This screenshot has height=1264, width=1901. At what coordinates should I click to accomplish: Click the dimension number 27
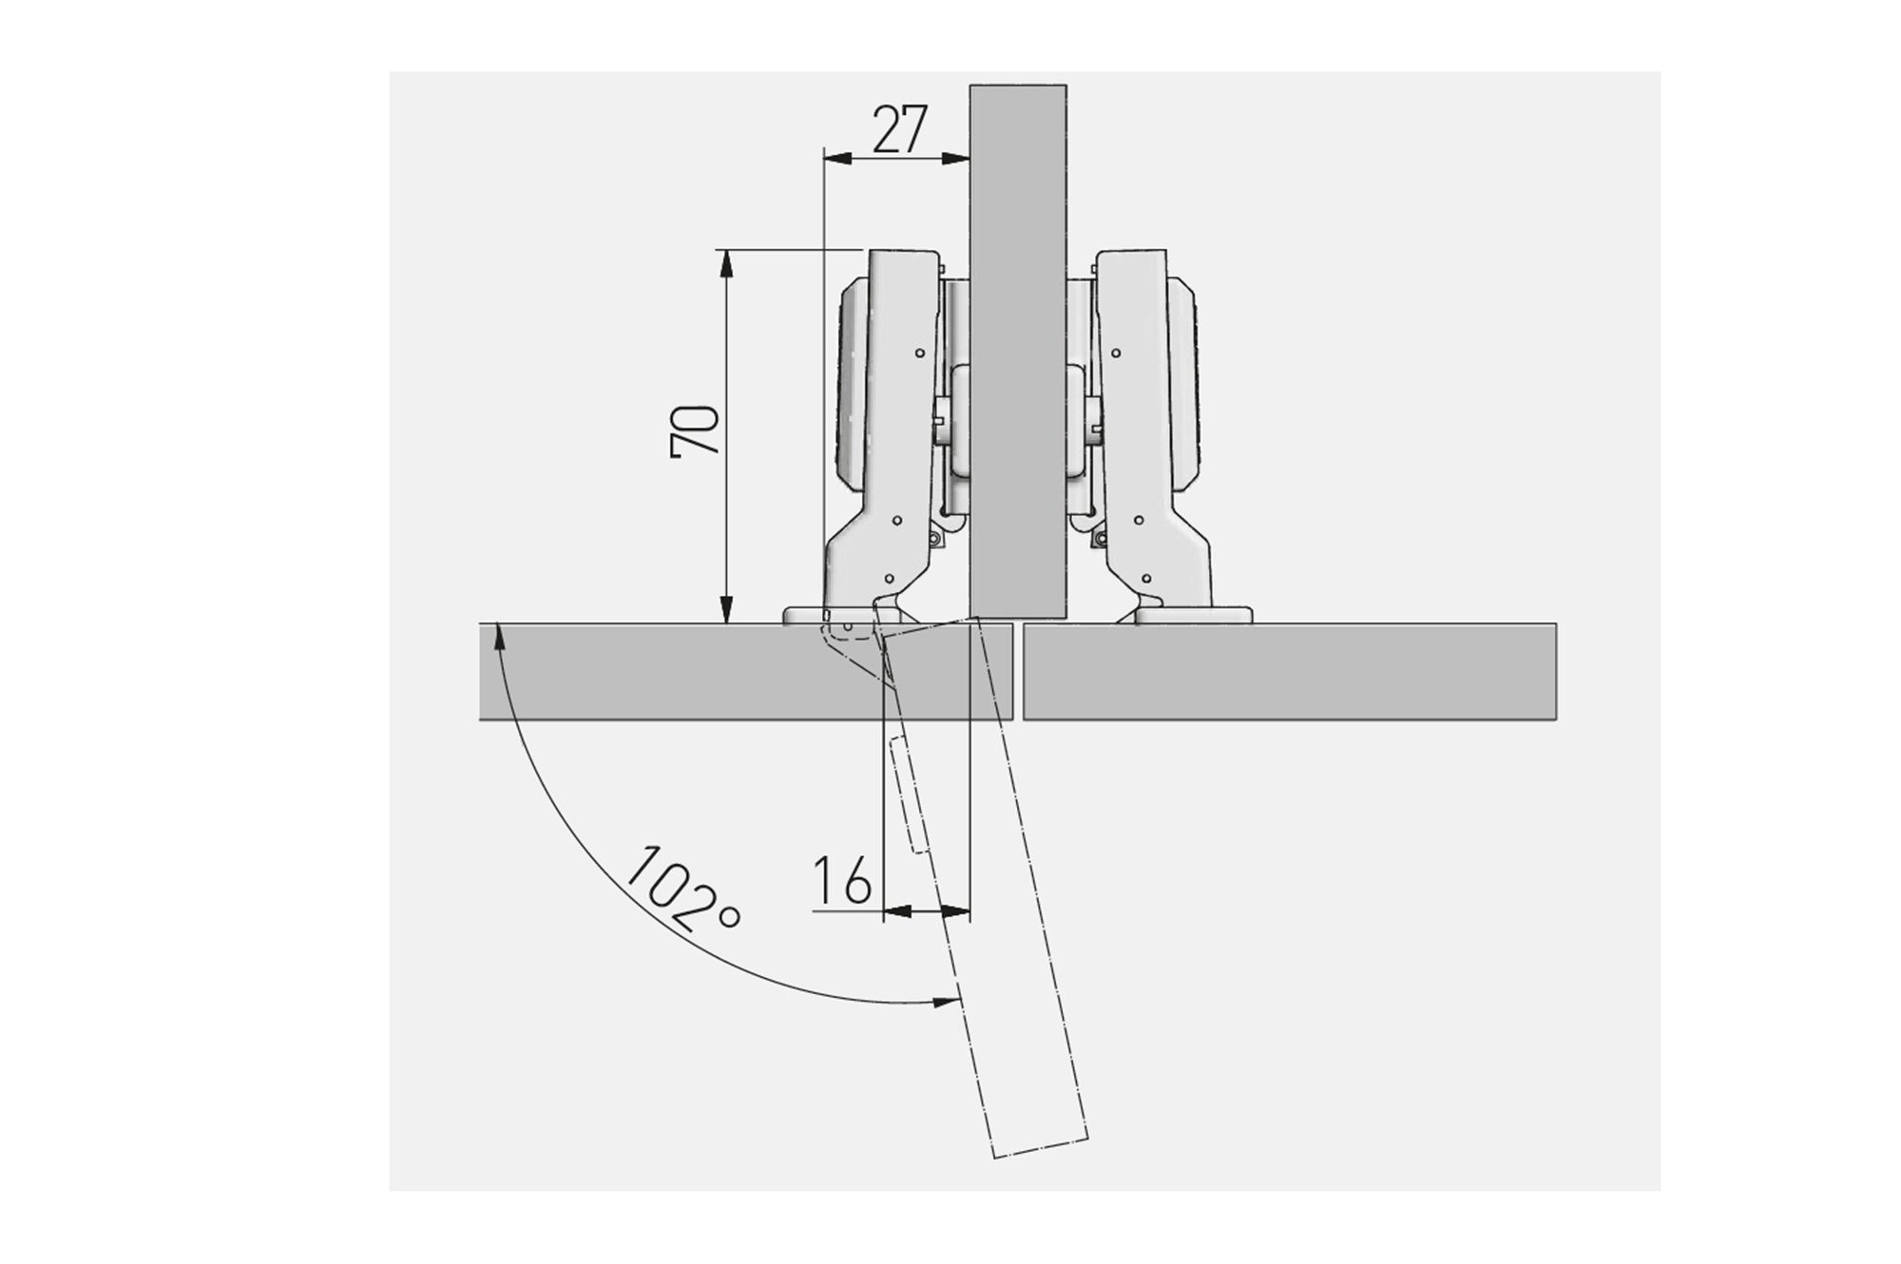tap(898, 130)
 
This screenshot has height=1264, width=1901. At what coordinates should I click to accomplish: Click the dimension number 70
tap(695, 432)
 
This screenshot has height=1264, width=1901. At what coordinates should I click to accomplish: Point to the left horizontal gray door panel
tap(665, 671)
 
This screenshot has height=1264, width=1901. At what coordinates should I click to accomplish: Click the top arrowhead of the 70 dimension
tap(726, 261)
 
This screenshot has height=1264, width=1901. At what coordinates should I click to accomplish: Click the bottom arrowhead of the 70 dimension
tap(726, 611)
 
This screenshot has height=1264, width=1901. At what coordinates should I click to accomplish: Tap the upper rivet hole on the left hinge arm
tap(919, 353)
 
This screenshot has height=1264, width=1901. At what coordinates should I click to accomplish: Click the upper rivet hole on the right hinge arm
tap(1115, 353)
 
